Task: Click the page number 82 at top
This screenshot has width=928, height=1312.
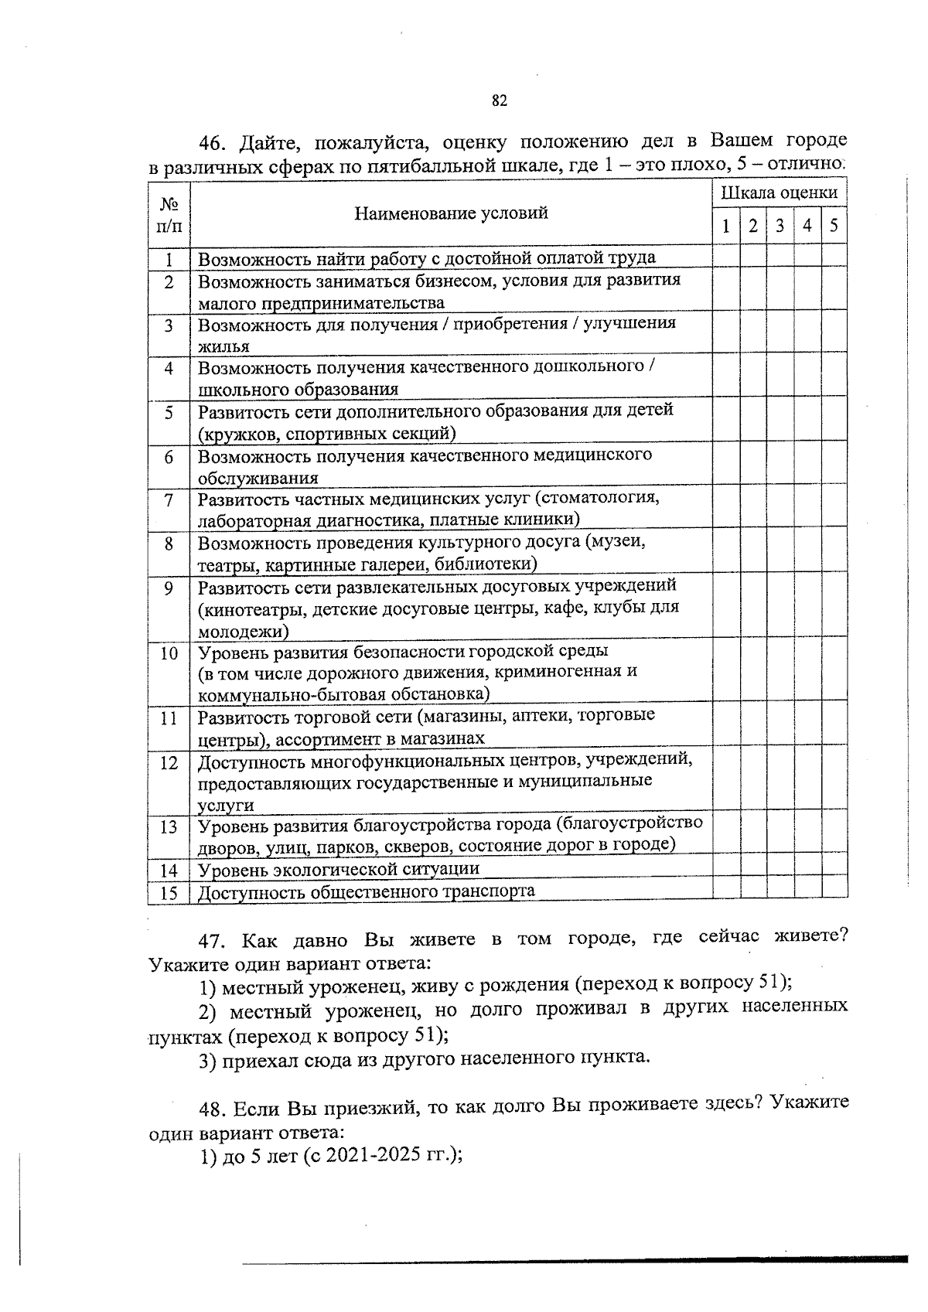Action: click(499, 101)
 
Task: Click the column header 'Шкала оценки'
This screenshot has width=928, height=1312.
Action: click(779, 193)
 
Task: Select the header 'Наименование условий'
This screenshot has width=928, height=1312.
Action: click(451, 213)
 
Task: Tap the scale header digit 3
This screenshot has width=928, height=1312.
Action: click(780, 226)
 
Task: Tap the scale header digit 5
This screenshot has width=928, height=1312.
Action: click(834, 226)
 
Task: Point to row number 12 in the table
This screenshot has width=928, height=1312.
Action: click(169, 763)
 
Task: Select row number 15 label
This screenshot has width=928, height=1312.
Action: click(169, 893)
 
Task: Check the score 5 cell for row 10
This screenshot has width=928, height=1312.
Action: click(834, 670)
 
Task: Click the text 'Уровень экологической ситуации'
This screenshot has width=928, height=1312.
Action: click(339, 869)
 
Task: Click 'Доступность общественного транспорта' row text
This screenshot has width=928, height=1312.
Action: click(366, 891)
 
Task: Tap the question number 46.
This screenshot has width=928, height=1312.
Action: click(211, 143)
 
